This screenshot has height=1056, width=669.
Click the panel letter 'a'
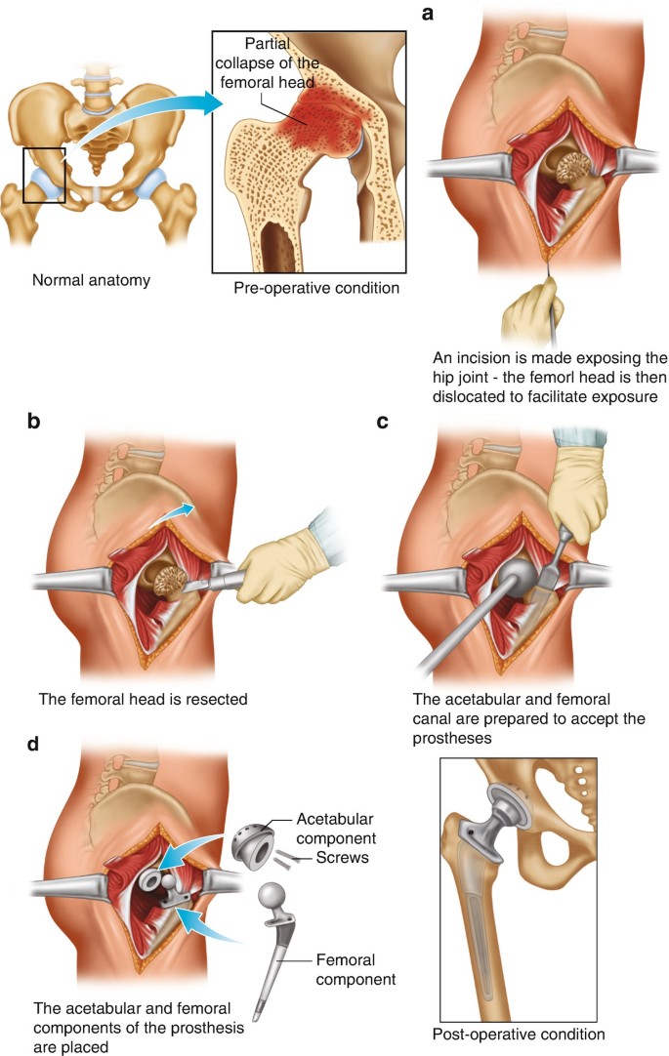(x=427, y=13)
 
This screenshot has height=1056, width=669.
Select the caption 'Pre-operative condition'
(x=316, y=288)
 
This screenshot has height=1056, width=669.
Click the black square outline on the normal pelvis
(x=44, y=176)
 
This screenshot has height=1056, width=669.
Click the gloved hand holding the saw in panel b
(x=274, y=571)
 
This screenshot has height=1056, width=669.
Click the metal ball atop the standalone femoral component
(x=271, y=894)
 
